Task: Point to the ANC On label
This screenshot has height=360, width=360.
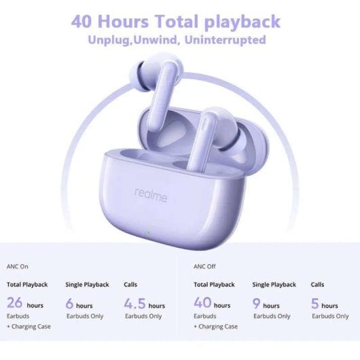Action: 18,266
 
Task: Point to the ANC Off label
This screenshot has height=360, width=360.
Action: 204,266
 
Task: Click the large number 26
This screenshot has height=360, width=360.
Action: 16,304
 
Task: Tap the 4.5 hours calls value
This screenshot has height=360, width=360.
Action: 134,304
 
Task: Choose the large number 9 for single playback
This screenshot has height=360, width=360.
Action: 257,304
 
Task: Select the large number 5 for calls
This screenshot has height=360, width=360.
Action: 315,304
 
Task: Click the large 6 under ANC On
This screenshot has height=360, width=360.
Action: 69,304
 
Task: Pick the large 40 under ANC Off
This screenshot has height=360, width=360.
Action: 202,304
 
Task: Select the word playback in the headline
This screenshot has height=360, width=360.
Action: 242,21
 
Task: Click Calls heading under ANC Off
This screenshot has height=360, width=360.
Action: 317,285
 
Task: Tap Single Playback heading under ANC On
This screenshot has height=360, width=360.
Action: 86,285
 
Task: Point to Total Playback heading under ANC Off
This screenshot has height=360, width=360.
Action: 215,285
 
